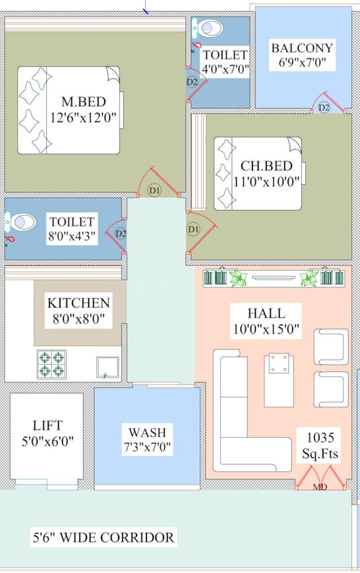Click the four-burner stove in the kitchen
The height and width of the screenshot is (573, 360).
pos(51,364)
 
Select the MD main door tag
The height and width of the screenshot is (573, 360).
pos(320,487)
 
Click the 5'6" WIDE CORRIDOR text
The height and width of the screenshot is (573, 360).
pos(104,537)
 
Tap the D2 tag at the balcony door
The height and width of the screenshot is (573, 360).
pos(324,107)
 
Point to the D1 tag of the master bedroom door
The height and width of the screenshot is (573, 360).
pos(154,191)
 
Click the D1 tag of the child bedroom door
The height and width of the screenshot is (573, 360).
pos(193,229)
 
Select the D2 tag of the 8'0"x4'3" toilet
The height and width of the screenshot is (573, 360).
pos(121,233)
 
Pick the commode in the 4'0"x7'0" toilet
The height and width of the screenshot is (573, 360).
pos(210,28)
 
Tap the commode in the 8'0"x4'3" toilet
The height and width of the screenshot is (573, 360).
pos(22,222)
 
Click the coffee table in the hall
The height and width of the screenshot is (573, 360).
pos(278,363)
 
